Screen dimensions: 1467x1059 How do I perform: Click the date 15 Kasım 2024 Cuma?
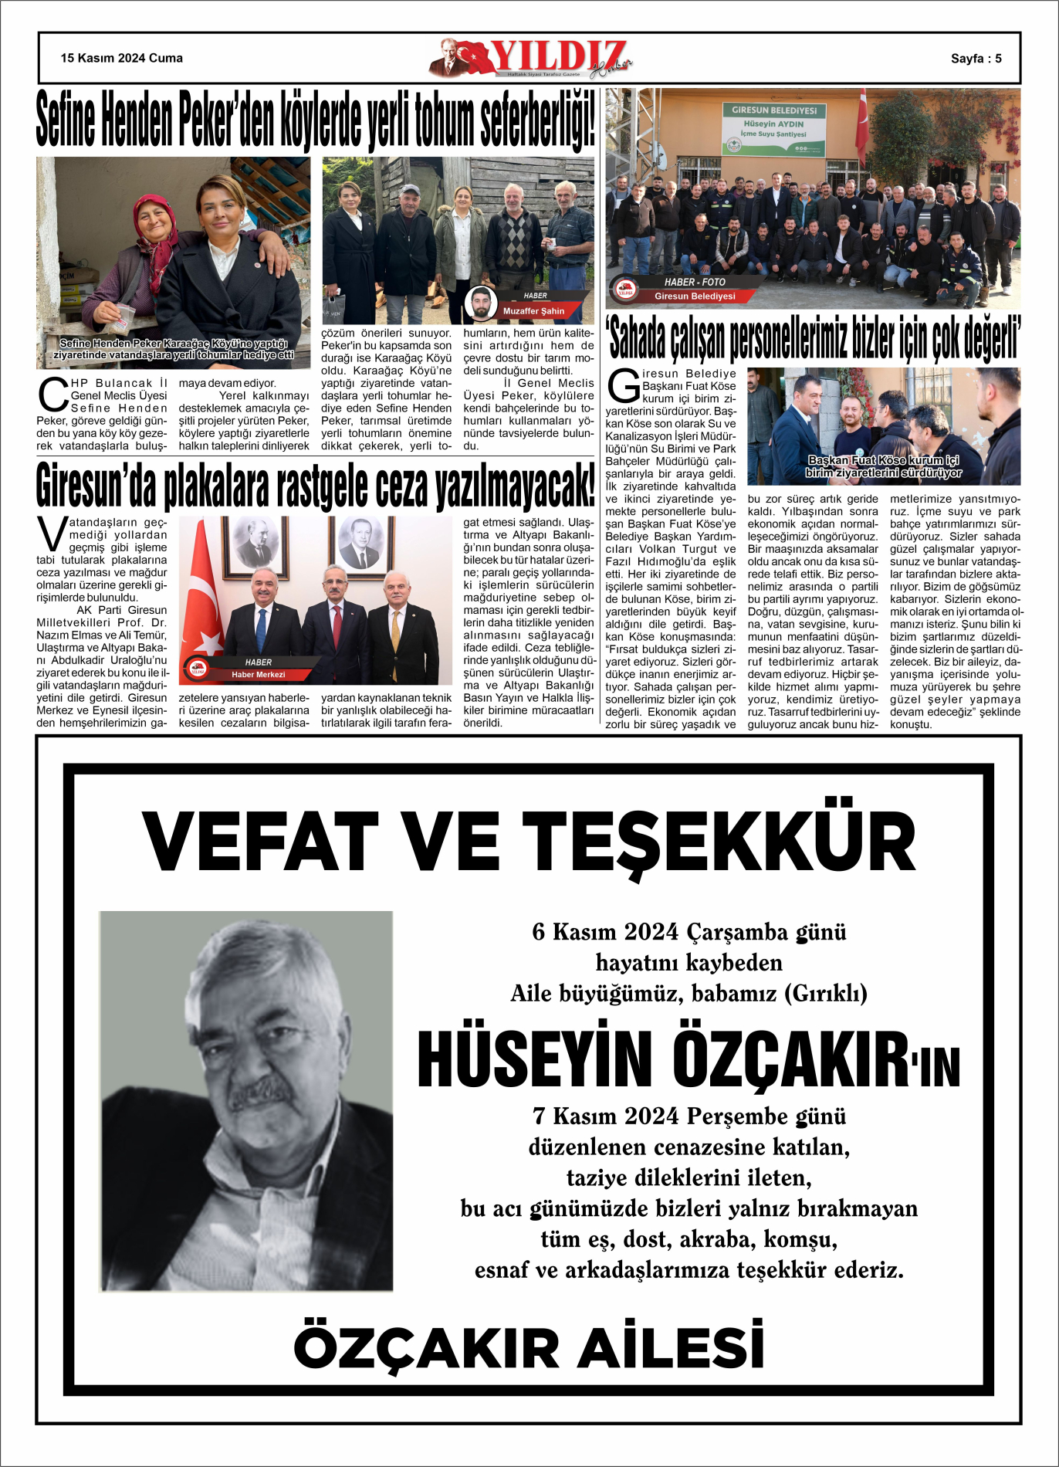pyautogui.click(x=122, y=58)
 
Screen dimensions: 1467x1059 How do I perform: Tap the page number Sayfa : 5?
pyautogui.click(x=976, y=59)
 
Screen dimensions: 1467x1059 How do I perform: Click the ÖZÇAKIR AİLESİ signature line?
pyautogui.click(x=529, y=1347)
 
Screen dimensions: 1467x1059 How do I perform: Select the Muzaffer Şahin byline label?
pyautogui.click(x=533, y=311)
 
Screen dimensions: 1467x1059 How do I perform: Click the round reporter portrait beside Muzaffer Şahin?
pyautogui.click(x=481, y=303)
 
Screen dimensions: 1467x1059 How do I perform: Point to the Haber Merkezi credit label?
pyautogui.click(x=258, y=675)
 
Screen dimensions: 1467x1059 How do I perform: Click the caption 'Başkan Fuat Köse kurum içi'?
pyautogui.click(x=883, y=460)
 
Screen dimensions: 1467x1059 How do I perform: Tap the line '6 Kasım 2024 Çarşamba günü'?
pyautogui.click(x=689, y=932)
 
